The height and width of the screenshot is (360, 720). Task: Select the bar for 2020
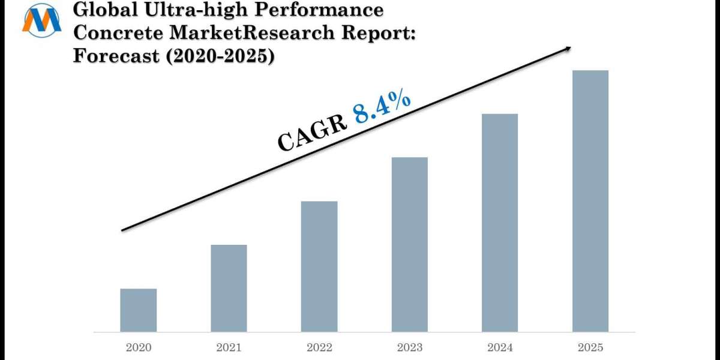point(138,310)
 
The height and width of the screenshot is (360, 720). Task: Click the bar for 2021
point(229,288)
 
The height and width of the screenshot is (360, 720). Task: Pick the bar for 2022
point(319,266)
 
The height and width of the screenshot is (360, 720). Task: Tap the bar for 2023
point(410,244)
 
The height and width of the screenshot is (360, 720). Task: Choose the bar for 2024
point(500,223)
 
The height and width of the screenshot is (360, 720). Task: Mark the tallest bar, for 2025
point(590,201)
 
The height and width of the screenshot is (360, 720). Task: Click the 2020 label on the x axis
point(138,347)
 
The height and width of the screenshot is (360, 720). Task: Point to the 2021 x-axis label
point(229,347)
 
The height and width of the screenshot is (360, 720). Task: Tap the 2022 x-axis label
point(319,347)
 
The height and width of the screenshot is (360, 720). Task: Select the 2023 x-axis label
point(410,347)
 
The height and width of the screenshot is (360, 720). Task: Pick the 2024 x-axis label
point(500,347)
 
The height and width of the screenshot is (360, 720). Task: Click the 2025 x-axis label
point(590,347)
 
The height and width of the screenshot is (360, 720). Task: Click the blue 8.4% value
point(382,106)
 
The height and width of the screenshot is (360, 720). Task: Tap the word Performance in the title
point(322,10)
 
